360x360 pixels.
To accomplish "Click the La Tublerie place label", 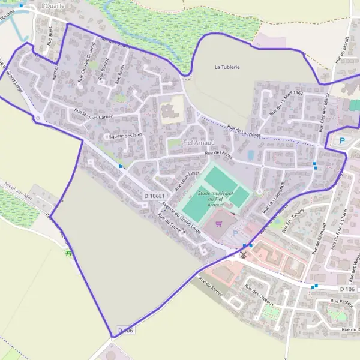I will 227,67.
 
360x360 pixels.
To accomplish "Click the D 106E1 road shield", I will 154,196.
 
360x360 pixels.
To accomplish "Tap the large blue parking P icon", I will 343,141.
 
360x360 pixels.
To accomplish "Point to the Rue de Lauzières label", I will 244,131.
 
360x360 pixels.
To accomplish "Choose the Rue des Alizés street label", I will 218,154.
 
